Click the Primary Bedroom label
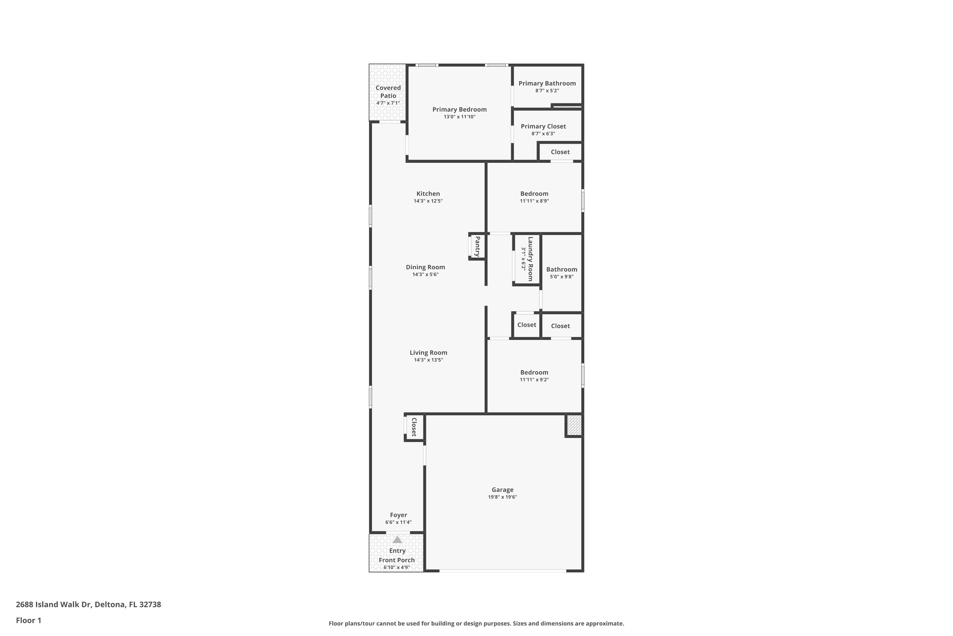[459, 109]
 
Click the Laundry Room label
[530, 259]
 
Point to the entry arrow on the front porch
[397, 540]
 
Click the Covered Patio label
[388, 92]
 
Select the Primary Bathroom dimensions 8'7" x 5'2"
[547, 90]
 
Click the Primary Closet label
[543, 126]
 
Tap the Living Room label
[428, 352]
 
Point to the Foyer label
[398, 515]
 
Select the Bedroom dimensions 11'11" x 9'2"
[534, 380]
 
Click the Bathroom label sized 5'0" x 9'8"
[562, 269]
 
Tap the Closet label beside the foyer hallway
[414, 427]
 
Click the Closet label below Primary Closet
[560, 152]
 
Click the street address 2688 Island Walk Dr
[88, 605]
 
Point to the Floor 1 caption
[28, 620]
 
